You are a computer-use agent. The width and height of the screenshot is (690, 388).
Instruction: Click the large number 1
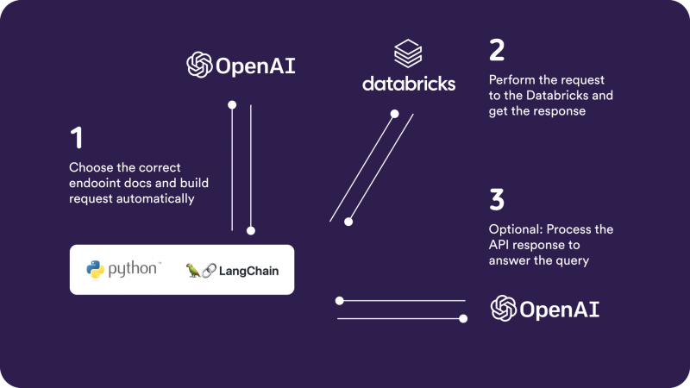click(77, 139)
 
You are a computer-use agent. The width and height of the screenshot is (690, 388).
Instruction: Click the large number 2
click(496, 50)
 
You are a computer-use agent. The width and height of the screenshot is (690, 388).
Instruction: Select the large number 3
click(497, 200)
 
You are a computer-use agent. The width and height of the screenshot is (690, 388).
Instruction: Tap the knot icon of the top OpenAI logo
click(200, 65)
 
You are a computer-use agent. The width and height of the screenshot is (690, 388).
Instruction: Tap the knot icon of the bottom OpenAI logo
click(504, 309)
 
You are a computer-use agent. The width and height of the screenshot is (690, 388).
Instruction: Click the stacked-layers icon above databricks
click(408, 54)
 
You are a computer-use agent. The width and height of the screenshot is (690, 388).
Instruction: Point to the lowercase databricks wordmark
click(408, 84)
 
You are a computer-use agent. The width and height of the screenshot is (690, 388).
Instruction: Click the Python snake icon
click(96, 270)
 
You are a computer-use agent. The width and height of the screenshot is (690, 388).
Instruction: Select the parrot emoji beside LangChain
click(193, 271)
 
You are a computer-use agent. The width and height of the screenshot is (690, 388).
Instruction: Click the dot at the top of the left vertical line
click(232, 105)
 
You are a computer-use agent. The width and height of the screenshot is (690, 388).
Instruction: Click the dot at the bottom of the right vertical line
click(251, 230)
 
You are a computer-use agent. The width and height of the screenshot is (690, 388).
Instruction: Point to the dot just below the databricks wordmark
click(394, 114)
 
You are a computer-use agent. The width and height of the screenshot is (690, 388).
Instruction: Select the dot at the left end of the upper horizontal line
click(339, 301)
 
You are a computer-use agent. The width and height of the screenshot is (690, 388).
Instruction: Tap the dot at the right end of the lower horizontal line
click(463, 319)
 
